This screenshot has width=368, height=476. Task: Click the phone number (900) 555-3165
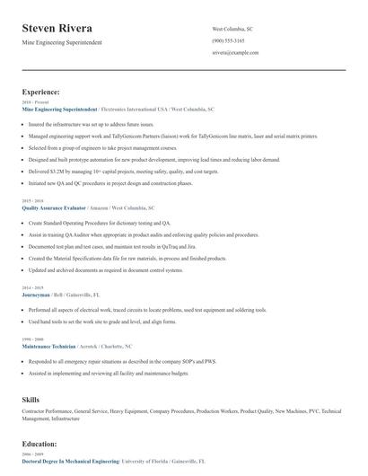pyautogui.click(x=231, y=41)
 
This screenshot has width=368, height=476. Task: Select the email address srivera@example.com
pyautogui.click(x=235, y=53)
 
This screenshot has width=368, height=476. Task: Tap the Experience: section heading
pyautogui.click(x=41, y=92)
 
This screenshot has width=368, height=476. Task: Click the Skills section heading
pyautogui.click(x=31, y=398)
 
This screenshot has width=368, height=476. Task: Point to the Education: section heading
pyautogui.click(x=39, y=444)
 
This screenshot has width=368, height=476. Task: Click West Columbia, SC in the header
pyautogui.click(x=232, y=29)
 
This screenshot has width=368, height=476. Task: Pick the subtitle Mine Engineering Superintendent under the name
pyautogui.click(x=62, y=42)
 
